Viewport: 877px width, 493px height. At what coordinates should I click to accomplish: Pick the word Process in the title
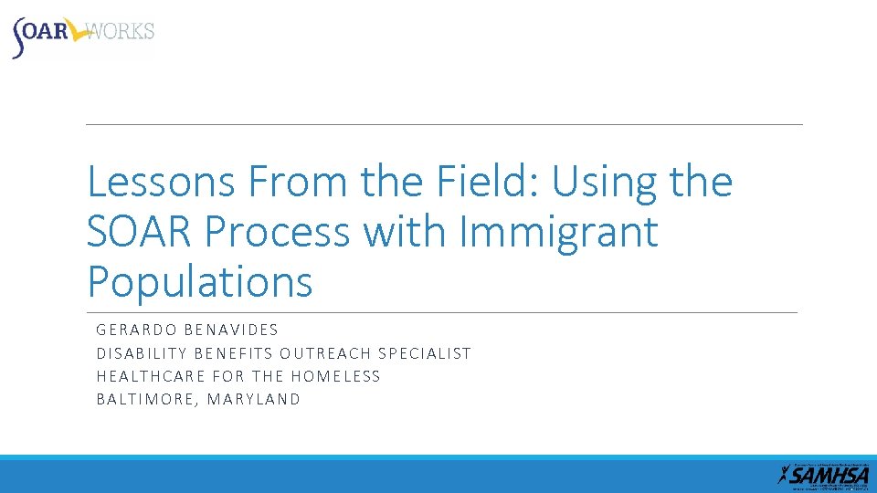(278, 234)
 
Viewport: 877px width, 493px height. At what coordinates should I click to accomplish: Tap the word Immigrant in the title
(559, 234)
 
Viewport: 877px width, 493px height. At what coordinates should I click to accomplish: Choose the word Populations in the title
(199, 282)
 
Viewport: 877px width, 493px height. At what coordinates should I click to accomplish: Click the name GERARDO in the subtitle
(137, 330)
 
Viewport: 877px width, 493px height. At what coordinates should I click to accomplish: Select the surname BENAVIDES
(232, 330)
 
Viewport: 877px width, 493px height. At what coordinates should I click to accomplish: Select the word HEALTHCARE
(150, 376)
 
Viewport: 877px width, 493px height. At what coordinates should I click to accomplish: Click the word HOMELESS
(334, 376)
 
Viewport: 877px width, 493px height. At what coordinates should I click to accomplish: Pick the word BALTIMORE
(146, 400)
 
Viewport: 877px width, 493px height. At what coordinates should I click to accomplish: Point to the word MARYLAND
(253, 400)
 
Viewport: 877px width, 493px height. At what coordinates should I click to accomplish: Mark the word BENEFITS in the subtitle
(232, 353)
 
